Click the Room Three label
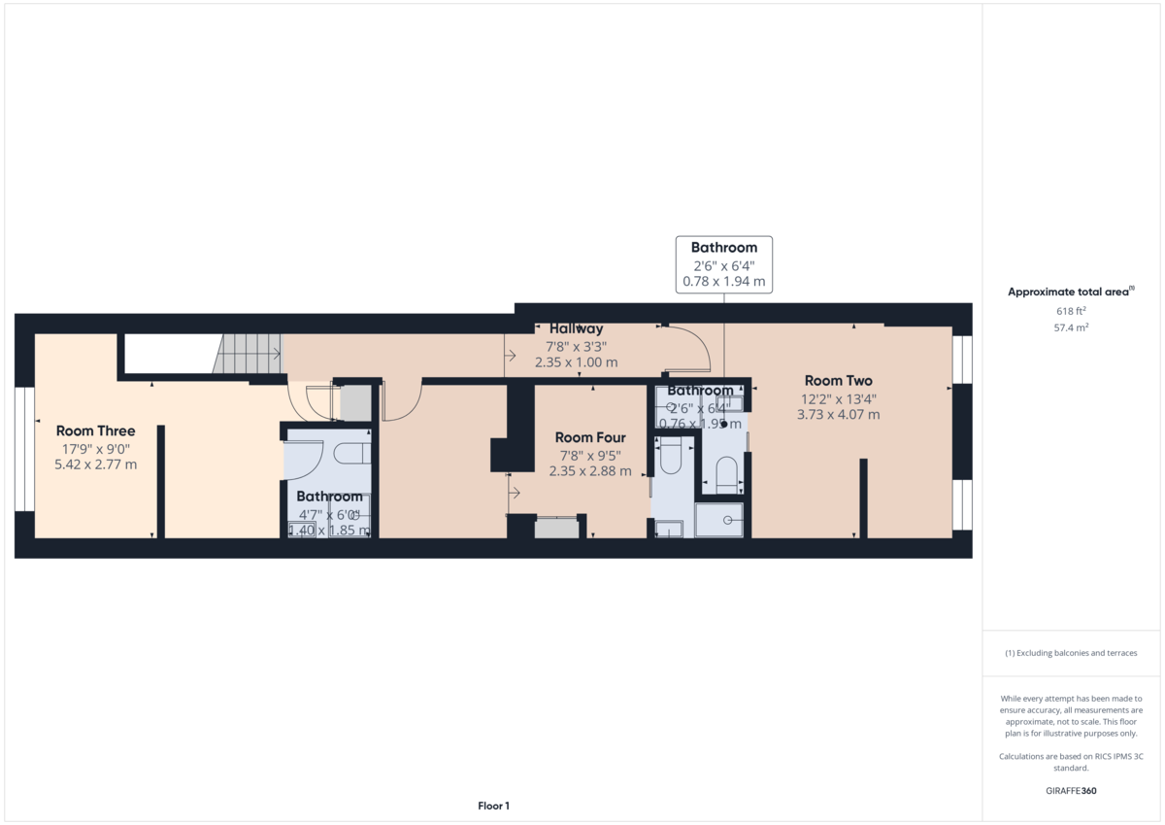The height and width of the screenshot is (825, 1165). click(95, 430)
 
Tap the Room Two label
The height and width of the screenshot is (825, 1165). click(838, 381)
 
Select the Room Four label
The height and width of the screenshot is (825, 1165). click(589, 438)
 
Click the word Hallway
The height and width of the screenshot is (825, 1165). click(576, 328)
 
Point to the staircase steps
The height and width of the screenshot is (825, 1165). click(247, 354)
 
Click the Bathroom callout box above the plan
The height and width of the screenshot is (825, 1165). click(723, 264)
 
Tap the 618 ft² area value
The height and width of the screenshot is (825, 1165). click(1070, 311)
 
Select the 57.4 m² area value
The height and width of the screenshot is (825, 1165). click(1070, 327)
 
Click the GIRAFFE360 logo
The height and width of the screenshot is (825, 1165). click(1070, 791)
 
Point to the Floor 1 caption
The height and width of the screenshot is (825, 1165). click(493, 806)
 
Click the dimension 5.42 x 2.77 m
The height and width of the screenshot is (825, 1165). click(95, 464)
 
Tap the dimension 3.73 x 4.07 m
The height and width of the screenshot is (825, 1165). click(838, 415)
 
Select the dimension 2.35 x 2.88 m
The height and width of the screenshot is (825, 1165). click(589, 471)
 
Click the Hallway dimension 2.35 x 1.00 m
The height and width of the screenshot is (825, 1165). click(576, 362)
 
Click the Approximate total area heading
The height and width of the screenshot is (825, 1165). click(1070, 292)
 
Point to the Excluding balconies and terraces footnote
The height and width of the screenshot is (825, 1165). click(1070, 653)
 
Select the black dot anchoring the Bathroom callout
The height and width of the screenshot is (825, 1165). click(724, 424)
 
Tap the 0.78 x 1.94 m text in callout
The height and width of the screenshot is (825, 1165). click(723, 283)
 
